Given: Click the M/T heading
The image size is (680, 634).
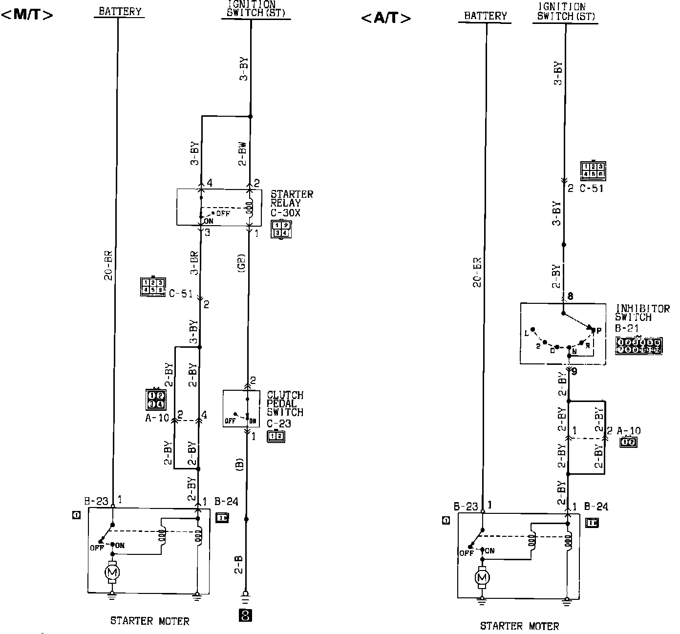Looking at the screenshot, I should pyautogui.click(x=27, y=14).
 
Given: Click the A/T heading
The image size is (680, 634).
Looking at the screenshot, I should pyautogui.click(x=386, y=19).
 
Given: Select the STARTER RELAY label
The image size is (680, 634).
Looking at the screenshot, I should pyautogui.click(x=292, y=198).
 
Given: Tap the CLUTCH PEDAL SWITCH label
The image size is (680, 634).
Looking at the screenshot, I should pyautogui.click(x=285, y=403).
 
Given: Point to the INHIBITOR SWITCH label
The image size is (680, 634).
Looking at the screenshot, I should pyautogui.click(x=642, y=313).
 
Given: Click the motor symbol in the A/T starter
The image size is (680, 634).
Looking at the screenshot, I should pyautogui.click(x=482, y=578).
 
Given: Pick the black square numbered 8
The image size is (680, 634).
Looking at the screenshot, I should pyautogui.click(x=246, y=615).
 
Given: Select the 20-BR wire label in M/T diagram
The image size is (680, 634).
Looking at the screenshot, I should pyautogui.click(x=108, y=265).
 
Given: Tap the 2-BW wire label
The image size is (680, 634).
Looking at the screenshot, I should pyautogui.click(x=242, y=153).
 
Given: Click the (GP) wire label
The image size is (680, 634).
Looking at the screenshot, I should pyautogui.click(x=242, y=264).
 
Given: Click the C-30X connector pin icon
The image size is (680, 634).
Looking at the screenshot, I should pyautogui.click(x=281, y=229).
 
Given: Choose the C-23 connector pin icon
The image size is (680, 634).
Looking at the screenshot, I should pyautogui.click(x=276, y=436).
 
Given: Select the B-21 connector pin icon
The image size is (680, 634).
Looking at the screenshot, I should pyautogui.click(x=639, y=345).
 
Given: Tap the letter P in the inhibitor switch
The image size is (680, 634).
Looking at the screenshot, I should pyautogui.click(x=599, y=331).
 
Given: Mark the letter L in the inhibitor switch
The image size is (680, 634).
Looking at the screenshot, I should pyautogui.click(x=527, y=333).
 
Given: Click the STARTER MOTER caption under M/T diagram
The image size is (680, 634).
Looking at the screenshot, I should pyautogui.click(x=149, y=621).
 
